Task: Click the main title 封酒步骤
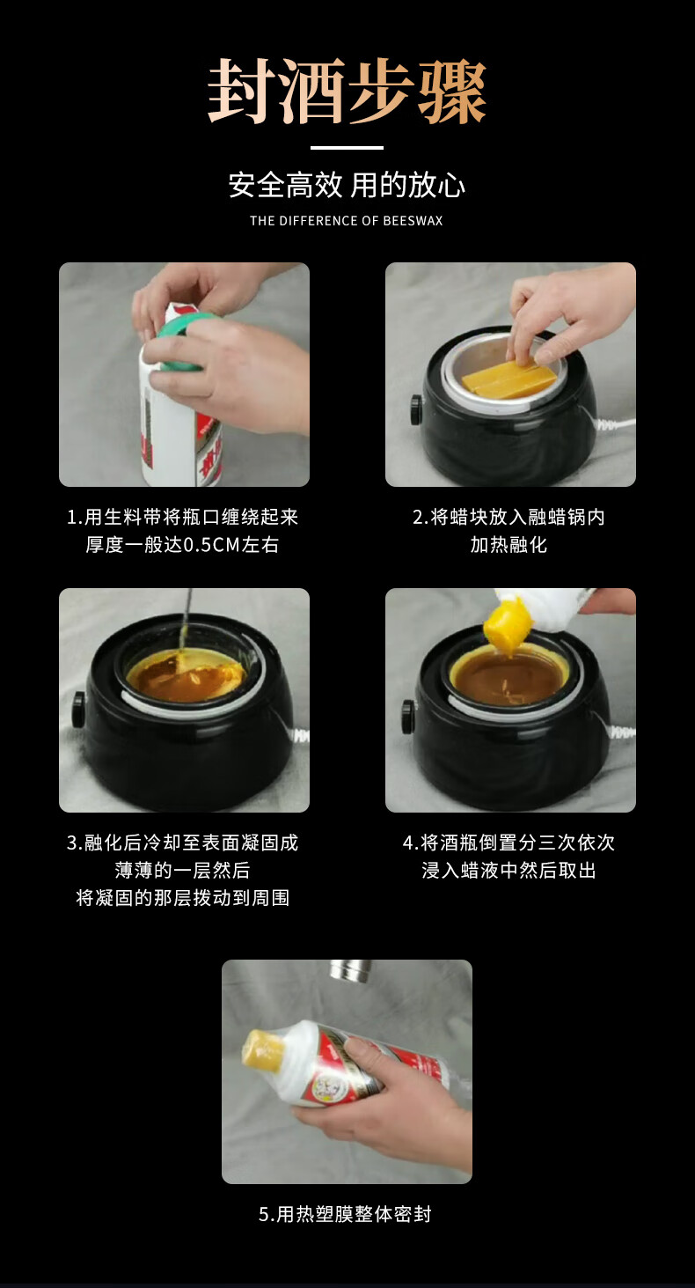pyautogui.click(x=347, y=92)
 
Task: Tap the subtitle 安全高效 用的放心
pyautogui.click(x=347, y=185)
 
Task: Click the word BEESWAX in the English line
pyautogui.click(x=413, y=221)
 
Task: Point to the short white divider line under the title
pyautogui.click(x=347, y=148)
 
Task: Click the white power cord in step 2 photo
pyautogui.click(x=616, y=425)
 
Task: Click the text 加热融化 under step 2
pyautogui.click(x=508, y=544)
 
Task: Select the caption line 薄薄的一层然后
pyautogui.click(x=183, y=870)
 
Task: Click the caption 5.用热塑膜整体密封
pyautogui.click(x=345, y=1214)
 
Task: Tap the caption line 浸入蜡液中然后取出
pyautogui.click(x=508, y=870)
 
